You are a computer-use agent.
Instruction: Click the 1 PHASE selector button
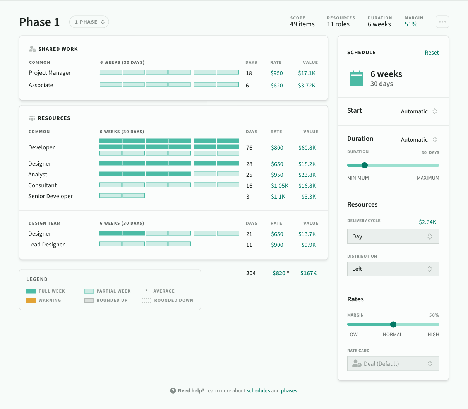click(x=89, y=22)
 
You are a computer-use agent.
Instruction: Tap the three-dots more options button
click(x=442, y=22)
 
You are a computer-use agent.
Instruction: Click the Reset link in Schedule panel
click(x=432, y=53)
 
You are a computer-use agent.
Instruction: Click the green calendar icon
click(x=357, y=79)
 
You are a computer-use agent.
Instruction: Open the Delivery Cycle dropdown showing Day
click(x=393, y=236)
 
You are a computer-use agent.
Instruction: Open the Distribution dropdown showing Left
click(x=393, y=269)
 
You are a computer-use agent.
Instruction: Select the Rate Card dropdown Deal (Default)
click(x=393, y=363)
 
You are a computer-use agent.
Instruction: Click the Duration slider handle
click(x=365, y=165)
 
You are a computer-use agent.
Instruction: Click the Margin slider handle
click(x=393, y=324)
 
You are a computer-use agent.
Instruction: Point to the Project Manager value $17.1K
click(x=307, y=73)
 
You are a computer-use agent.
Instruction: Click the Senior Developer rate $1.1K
click(x=278, y=197)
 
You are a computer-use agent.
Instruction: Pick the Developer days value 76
click(x=249, y=148)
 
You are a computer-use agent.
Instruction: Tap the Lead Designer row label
click(x=46, y=245)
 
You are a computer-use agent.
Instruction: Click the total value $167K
click(x=309, y=273)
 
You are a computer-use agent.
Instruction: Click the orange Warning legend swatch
click(x=31, y=300)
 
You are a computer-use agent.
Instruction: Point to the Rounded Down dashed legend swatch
click(x=146, y=300)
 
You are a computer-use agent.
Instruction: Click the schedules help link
click(x=258, y=390)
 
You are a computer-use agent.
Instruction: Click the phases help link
click(x=289, y=390)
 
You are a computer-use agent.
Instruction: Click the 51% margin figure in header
click(x=411, y=24)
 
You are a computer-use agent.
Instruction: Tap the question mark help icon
click(x=173, y=391)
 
